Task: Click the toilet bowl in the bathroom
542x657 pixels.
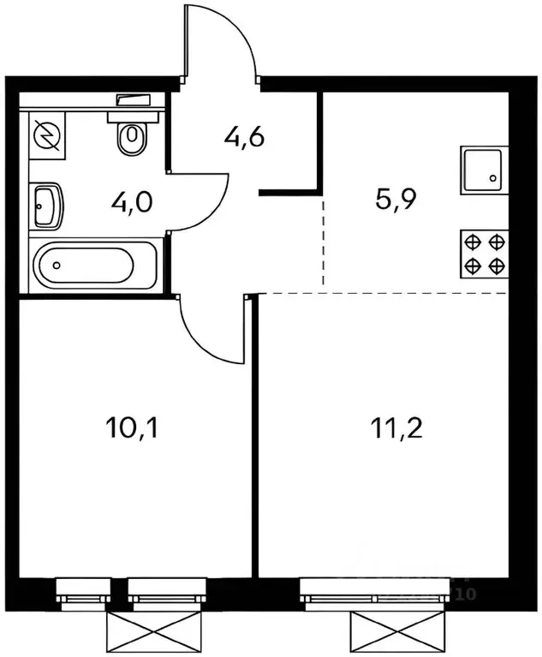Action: (132, 135)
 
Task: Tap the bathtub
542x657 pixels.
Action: (94, 265)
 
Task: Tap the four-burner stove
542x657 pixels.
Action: (484, 253)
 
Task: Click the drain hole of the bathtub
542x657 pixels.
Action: (56, 266)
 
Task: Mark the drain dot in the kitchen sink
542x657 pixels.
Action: (494, 179)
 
